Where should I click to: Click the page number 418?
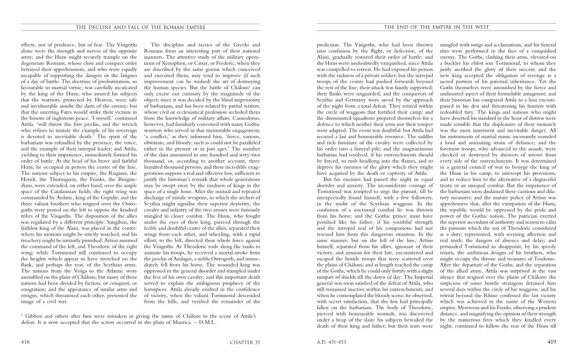tap(25, 342)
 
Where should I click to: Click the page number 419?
tap(551, 342)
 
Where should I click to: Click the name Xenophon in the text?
tap(178, 71)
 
